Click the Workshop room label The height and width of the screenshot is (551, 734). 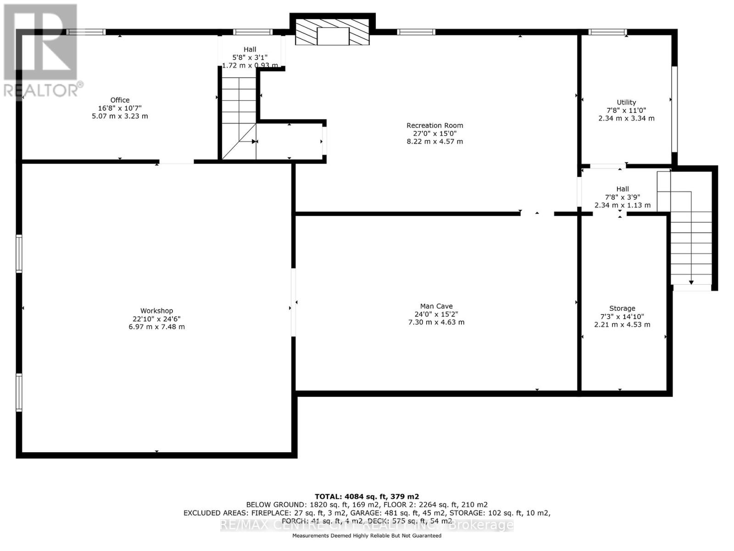pyautogui.click(x=156, y=311)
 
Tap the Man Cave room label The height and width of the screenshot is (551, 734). pyautogui.click(x=436, y=306)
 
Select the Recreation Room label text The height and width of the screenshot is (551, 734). pyautogui.click(x=434, y=125)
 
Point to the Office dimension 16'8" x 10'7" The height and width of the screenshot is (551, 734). pyautogui.click(x=120, y=108)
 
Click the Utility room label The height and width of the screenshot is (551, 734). pyautogui.click(x=626, y=102)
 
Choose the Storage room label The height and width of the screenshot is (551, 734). pyautogui.click(x=622, y=309)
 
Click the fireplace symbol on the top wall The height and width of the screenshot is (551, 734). pyautogui.click(x=333, y=33)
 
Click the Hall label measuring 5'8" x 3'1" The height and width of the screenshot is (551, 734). pyautogui.click(x=250, y=50)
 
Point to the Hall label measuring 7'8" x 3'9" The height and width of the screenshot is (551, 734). pyautogui.click(x=623, y=189)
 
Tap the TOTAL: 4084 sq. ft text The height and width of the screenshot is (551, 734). pyautogui.click(x=367, y=496)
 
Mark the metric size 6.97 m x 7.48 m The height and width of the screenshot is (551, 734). pyautogui.click(x=156, y=327)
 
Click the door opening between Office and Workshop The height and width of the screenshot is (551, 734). pyautogui.click(x=177, y=162)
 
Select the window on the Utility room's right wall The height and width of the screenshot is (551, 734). pyautogui.click(x=674, y=109)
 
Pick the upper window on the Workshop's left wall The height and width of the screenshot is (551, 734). pyautogui.click(x=19, y=253)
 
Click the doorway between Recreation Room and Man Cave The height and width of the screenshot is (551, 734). pyautogui.click(x=537, y=214)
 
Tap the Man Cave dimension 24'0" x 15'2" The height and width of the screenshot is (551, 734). pyautogui.click(x=436, y=315)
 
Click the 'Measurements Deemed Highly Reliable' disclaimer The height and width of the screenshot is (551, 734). pyautogui.click(x=367, y=536)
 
